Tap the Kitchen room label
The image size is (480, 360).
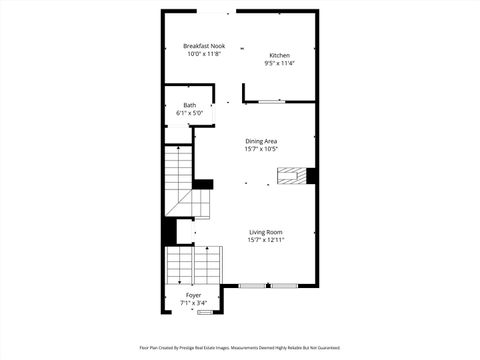(279, 55)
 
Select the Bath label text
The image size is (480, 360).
(189, 105)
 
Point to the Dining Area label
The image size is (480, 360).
(262, 141)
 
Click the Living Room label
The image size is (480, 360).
(266, 232)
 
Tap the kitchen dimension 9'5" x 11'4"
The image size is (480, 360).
(279, 63)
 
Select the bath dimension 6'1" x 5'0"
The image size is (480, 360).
(189, 113)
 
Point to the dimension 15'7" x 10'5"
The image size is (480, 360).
(262, 149)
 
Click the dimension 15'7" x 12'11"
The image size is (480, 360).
(266, 240)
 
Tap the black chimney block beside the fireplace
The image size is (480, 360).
(312, 176)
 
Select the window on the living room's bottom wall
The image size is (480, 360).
(268, 286)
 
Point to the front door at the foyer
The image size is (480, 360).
(205, 313)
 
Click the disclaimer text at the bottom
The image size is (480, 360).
(240, 348)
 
